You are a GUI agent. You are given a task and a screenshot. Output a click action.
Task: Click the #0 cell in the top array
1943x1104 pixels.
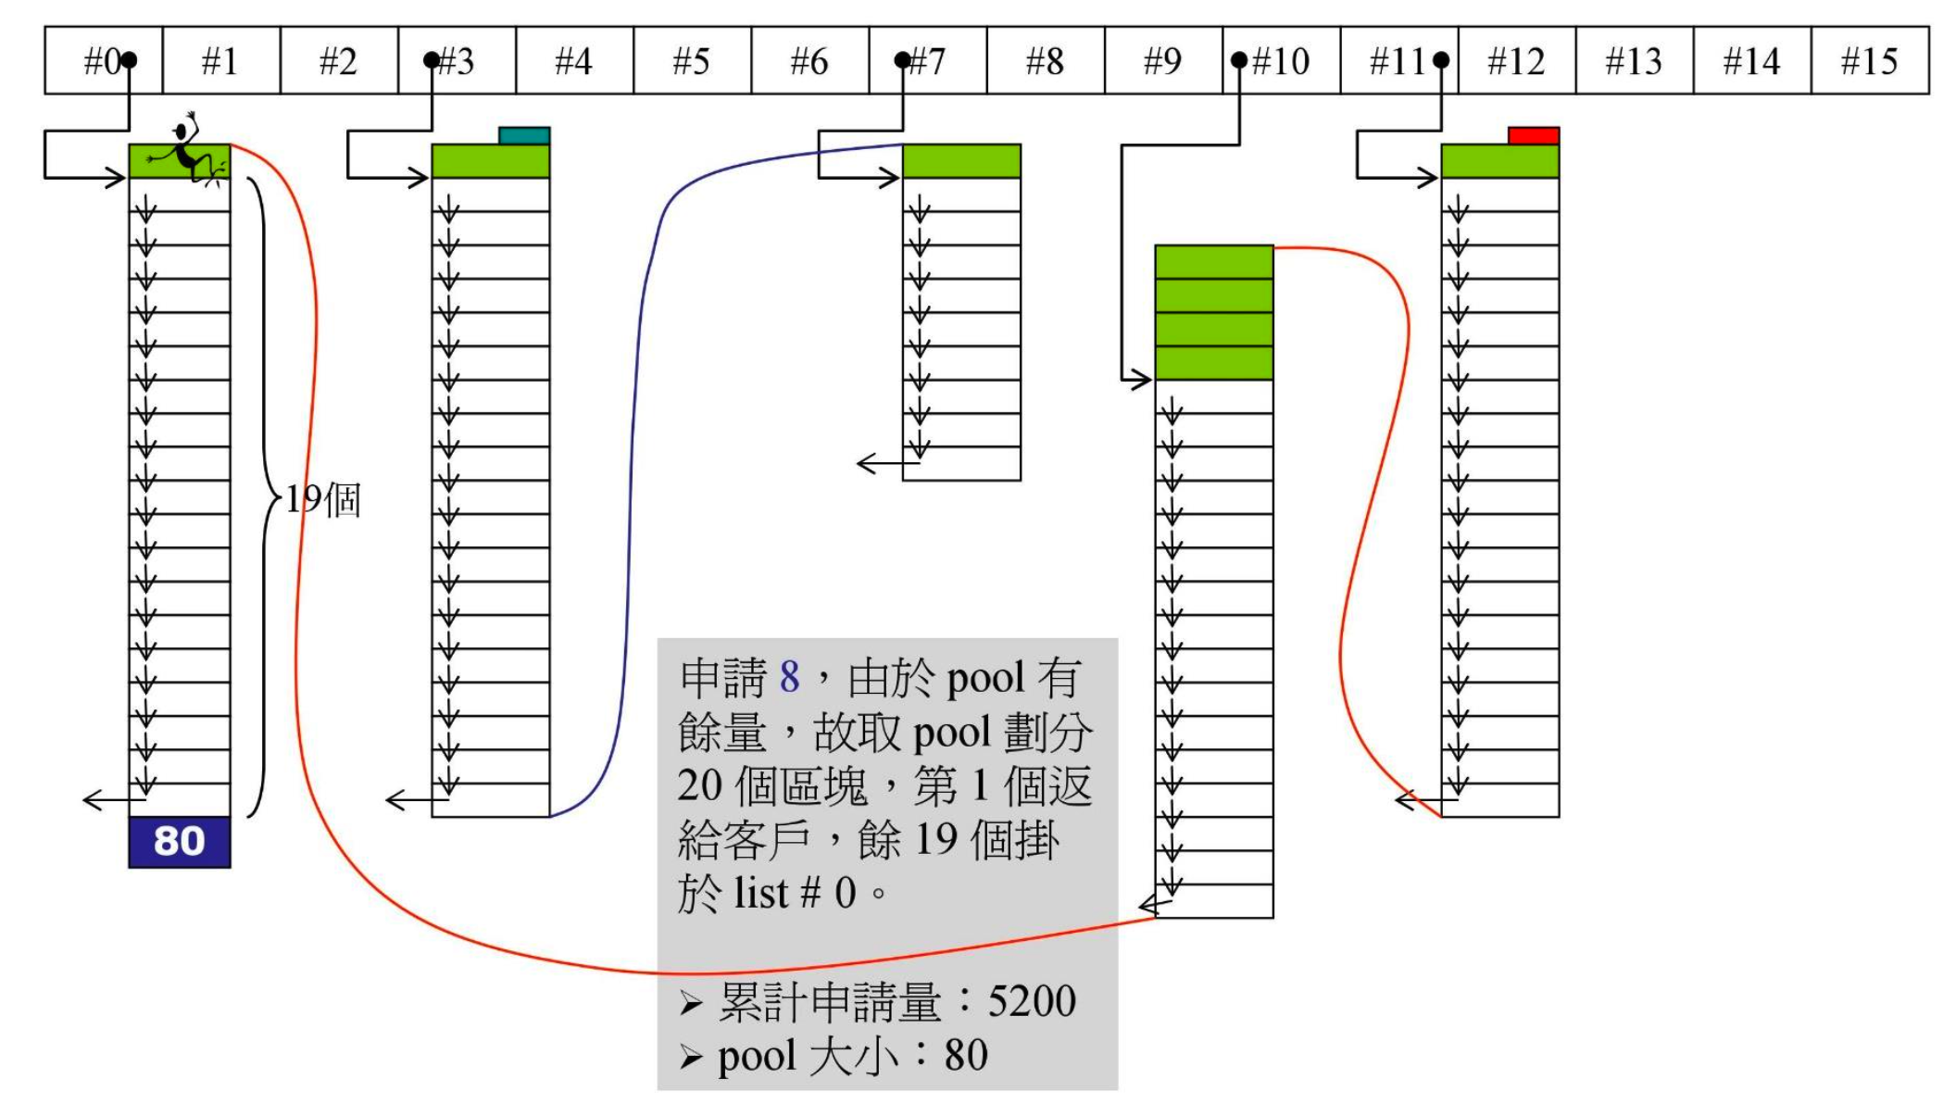click(103, 61)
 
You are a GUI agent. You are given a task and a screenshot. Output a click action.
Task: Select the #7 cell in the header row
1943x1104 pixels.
click(928, 61)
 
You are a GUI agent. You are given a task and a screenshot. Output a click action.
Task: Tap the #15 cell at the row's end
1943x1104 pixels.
click(1869, 61)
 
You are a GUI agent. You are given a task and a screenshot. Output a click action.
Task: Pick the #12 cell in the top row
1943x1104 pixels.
click(1516, 61)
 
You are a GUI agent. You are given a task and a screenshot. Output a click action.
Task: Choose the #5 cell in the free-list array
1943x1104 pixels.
click(692, 61)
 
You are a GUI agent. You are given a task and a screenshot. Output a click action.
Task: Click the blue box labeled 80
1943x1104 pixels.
click(180, 842)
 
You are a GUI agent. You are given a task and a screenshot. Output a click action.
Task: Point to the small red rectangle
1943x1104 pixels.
click(1534, 136)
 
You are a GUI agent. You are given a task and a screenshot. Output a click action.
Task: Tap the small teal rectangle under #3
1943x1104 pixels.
click(524, 136)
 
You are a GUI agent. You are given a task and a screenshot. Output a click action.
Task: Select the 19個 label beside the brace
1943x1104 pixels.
click(322, 500)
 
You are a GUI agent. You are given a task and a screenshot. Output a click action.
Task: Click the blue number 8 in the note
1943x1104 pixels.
click(789, 677)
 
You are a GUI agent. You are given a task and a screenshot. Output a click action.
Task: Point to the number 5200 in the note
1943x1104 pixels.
click(1032, 1001)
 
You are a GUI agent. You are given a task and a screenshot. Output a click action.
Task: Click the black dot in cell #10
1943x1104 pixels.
click(1239, 61)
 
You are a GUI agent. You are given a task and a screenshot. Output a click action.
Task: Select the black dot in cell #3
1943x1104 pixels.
click(432, 61)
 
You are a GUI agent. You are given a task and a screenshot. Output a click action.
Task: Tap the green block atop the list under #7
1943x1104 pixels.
click(961, 161)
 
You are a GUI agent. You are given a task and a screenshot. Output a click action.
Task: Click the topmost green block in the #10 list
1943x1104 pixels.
click(1213, 262)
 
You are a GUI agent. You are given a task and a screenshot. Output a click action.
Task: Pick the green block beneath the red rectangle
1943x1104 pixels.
click(1499, 161)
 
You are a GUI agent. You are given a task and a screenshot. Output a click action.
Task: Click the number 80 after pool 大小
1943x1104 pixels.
click(966, 1055)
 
